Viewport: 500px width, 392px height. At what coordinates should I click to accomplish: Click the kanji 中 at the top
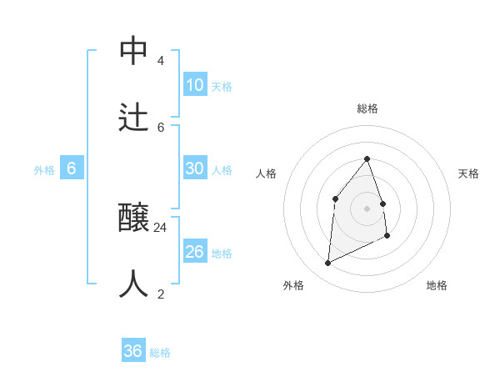[x=134, y=51]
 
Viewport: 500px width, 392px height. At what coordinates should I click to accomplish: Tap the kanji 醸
[x=134, y=219]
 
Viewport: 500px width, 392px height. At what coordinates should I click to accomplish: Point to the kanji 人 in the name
[x=134, y=284]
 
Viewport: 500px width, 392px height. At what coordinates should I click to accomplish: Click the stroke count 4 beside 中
[x=160, y=61]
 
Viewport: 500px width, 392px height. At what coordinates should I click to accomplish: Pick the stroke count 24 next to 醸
[x=161, y=228]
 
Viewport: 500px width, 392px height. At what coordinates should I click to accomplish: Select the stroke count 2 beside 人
[x=160, y=294]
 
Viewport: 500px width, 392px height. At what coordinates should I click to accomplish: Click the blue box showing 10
[x=195, y=85]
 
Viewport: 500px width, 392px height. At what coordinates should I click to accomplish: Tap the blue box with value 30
[x=195, y=168]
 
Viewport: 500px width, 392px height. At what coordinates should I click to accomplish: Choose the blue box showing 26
[x=195, y=252]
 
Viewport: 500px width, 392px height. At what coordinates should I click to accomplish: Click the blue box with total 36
[x=133, y=351]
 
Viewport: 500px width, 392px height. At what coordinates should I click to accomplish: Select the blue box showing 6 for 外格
[x=72, y=168]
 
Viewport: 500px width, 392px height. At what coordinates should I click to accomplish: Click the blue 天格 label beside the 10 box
[x=222, y=87]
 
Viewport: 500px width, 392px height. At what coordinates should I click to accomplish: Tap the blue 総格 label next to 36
[x=160, y=353]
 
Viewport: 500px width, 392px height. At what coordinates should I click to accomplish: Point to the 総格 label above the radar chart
[x=367, y=108]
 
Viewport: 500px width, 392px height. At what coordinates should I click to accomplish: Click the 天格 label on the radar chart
[x=468, y=173]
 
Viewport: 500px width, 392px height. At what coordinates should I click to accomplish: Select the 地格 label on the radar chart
[x=437, y=285]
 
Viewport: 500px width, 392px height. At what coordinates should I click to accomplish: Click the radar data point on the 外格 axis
[x=327, y=264]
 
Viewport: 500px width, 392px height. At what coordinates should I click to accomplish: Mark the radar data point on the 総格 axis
[x=367, y=158]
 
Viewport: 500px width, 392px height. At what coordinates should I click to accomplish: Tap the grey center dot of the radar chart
[x=367, y=209]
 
